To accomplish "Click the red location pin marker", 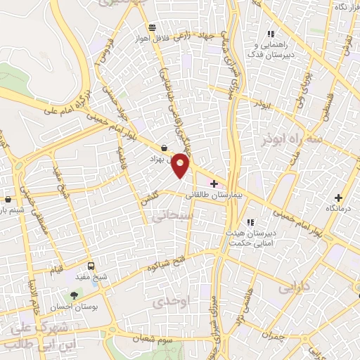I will point(181,165).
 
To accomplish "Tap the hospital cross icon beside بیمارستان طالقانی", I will point(214,184).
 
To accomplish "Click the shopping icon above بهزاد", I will point(165,148).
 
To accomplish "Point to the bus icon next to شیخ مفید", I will point(91,266).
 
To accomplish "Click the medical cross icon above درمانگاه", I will point(339,198).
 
